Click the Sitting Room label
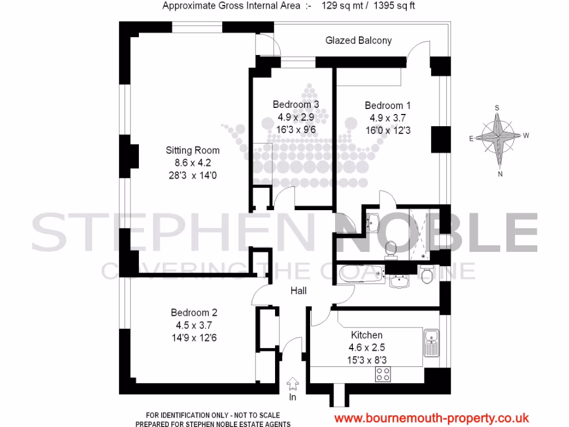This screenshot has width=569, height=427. click(x=192, y=150)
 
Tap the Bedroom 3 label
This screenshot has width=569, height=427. click(x=296, y=105)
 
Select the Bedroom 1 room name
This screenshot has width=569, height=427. click(x=384, y=106)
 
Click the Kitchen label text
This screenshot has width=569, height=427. click(x=367, y=335)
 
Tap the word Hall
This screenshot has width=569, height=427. click(x=298, y=291)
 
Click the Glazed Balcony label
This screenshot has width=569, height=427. click(x=358, y=41)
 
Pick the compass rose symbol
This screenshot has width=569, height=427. click(x=499, y=137)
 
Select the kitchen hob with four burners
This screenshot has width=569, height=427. click(x=383, y=375)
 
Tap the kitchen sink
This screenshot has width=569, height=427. click(x=431, y=342)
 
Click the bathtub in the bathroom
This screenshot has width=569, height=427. click(x=361, y=274)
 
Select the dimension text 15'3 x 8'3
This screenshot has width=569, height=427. click(x=366, y=360)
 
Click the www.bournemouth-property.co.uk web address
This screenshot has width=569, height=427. click(x=431, y=418)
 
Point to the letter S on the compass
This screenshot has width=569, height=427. click(x=497, y=108)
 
